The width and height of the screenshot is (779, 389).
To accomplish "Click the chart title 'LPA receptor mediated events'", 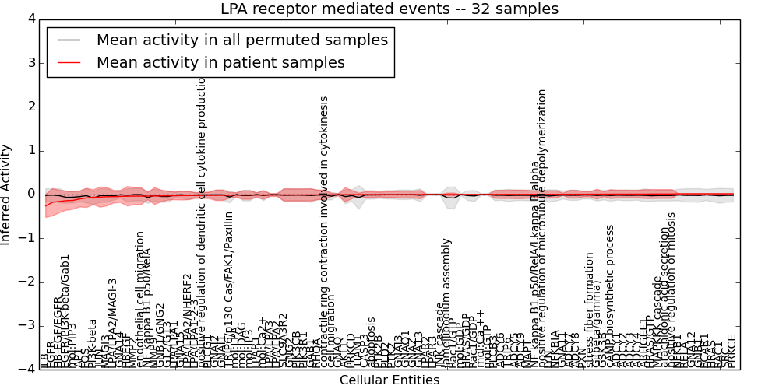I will click(389, 9).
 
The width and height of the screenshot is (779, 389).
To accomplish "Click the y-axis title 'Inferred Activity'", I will click(7, 194).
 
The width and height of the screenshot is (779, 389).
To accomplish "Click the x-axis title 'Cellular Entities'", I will click(389, 380).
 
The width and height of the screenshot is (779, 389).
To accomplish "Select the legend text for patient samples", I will click(220, 63).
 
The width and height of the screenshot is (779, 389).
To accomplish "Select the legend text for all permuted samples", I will click(241, 40).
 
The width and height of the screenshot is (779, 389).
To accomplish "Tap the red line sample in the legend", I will click(68, 63).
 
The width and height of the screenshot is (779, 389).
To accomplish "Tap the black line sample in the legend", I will click(68, 40).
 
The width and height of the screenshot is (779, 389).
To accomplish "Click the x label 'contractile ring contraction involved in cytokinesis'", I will click(325, 233).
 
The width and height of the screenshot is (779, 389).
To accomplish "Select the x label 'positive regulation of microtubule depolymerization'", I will click(543, 226).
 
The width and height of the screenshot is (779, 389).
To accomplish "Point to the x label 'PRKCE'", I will click(731, 352).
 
